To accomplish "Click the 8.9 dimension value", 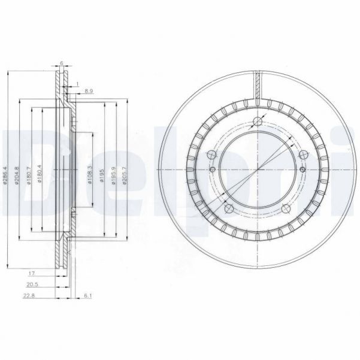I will point(89,90).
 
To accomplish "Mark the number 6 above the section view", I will point(61,62).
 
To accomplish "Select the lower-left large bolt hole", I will point(229,208).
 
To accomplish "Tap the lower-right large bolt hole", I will point(286,208).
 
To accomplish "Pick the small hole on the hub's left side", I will point(213,170).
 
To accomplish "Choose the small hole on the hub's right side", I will point(302,170).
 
